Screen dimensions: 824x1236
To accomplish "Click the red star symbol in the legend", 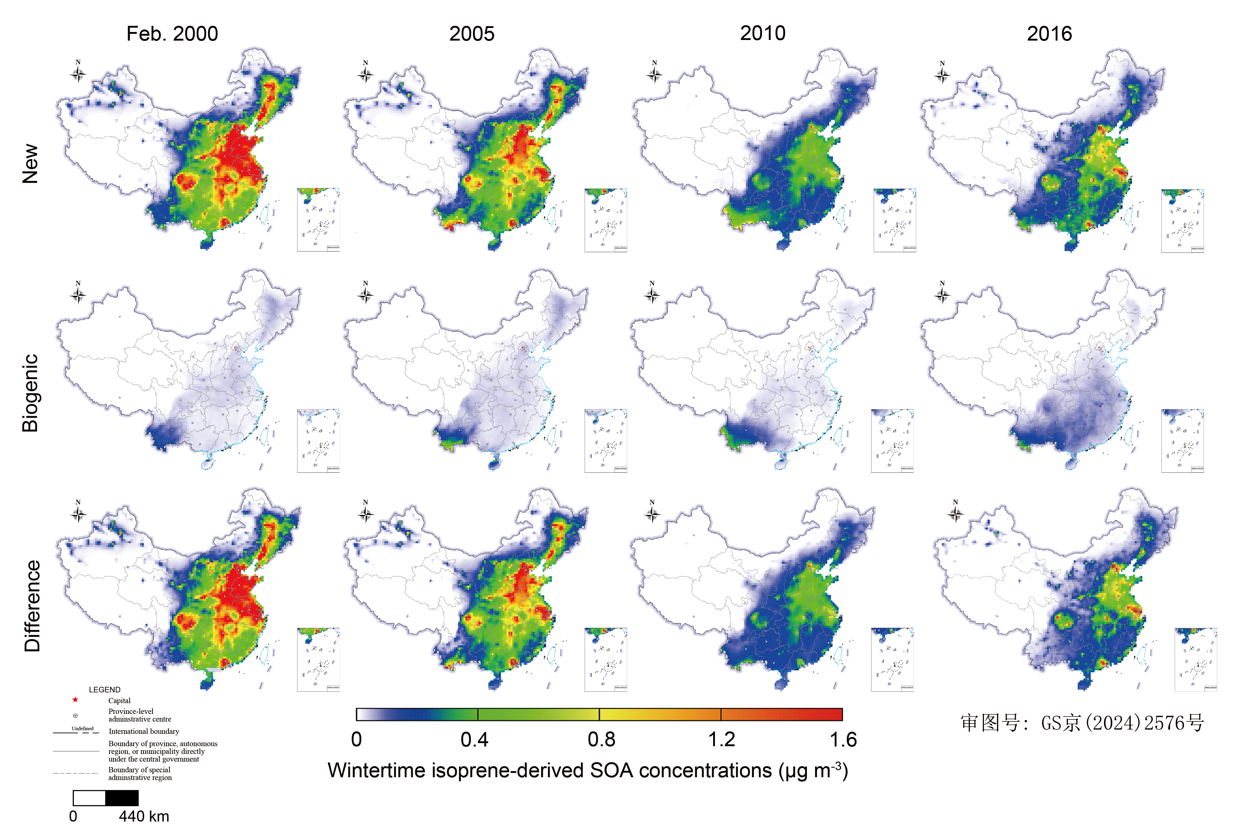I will click(x=75, y=699).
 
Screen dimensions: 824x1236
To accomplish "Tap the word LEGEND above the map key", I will click(x=105, y=690).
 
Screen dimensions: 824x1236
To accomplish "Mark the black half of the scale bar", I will click(x=122, y=798).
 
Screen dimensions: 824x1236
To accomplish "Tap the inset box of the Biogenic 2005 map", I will click(x=606, y=441).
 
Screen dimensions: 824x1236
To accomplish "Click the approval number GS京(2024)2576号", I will click(x=1082, y=723).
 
